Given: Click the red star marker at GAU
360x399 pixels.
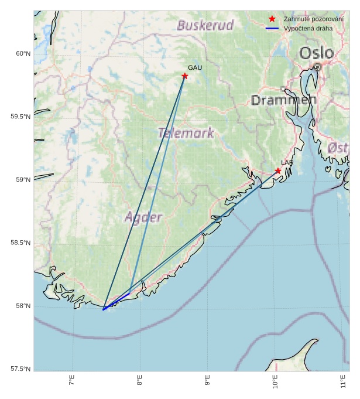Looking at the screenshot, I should [x=185, y=76].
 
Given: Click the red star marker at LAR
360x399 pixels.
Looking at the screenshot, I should [x=278, y=171].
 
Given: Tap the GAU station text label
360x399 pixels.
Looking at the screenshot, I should [x=195, y=68].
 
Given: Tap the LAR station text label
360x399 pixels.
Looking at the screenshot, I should [x=287, y=162].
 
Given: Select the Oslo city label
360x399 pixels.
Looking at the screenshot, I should [x=317, y=53].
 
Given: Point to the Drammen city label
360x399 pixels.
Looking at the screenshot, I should [x=284, y=100].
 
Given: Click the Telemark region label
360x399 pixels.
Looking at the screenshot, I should [x=186, y=133].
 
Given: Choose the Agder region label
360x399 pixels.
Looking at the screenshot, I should [x=143, y=217].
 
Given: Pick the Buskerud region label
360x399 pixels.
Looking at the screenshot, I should [x=205, y=25].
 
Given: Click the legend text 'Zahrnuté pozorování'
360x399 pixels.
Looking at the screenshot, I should [x=313, y=19].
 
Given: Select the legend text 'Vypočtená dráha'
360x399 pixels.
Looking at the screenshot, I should [x=308, y=28].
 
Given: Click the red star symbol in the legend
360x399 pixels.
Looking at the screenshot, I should [x=272, y=19].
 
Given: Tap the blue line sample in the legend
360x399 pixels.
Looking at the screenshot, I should [x=272, y=28].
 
